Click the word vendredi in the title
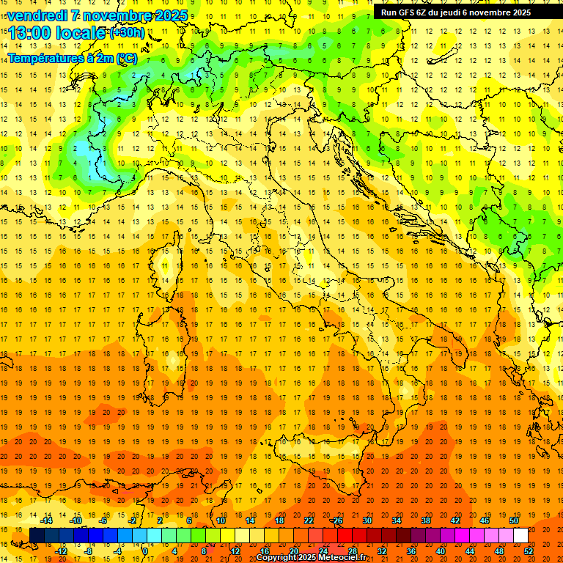coord(37,15)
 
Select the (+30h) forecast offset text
coord(127,33)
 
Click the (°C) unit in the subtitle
coord(126,58)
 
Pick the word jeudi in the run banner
coord(458,12)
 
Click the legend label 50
coord(513,520)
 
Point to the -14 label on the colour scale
coord(47,520)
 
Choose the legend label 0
coord(145,551)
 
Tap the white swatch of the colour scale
coord(520,536)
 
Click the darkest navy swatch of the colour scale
coord(37,536)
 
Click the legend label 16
coord(265,551)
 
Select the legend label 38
coord(425,520)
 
